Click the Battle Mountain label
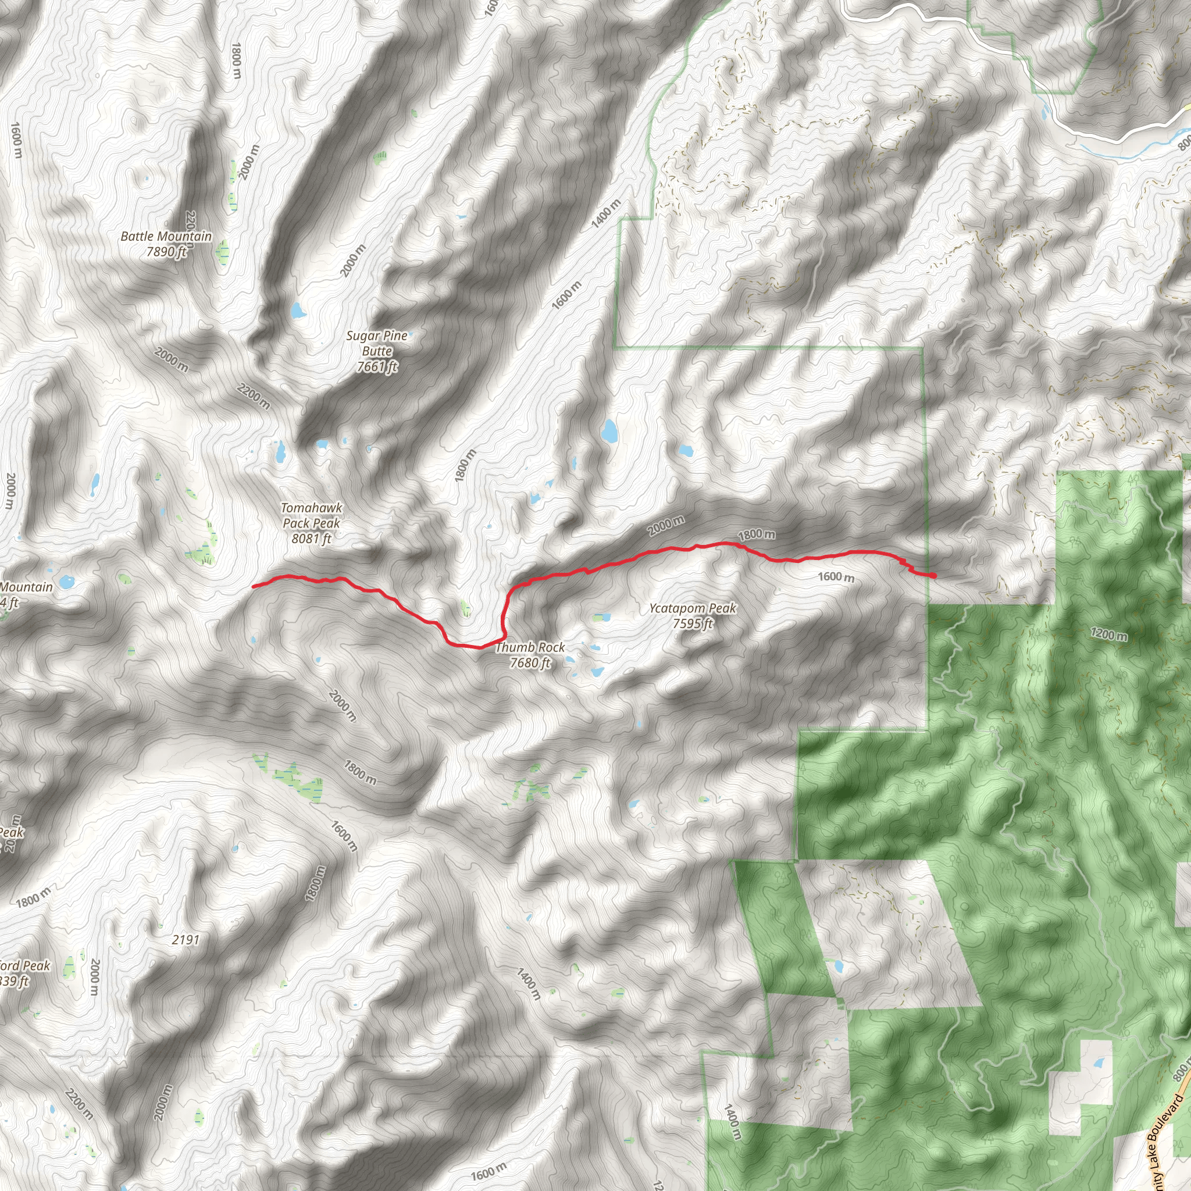(166, 236)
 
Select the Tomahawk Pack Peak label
(311, 515)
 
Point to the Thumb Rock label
(530, 647)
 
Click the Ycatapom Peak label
(692, 608)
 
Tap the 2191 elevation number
(186, 940)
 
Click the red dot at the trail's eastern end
(933, 575)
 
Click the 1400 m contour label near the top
(606, 214)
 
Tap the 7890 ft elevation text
(166, 251)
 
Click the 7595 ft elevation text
(692, 624)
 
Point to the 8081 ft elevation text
(311, 538)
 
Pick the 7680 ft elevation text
(530, 663)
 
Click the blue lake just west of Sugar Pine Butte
(298, 310)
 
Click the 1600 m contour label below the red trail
(836, 577)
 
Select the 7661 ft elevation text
(377, 367)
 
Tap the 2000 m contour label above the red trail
(666, 525)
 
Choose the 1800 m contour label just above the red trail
(757, 534)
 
